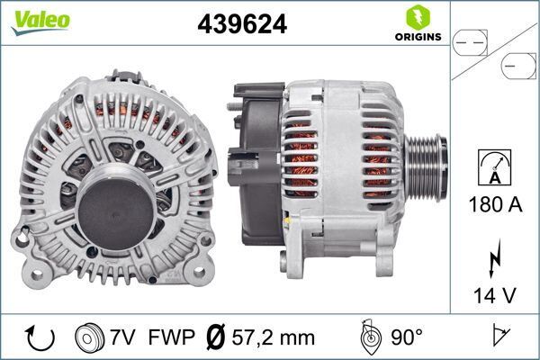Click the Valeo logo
[x=41, y=21]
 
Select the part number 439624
[x=241, y=24]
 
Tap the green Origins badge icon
[x=418, y=17]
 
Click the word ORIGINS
[x=418, y=37]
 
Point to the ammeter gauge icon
[x=494, y=166]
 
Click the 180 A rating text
[x=494, y=204]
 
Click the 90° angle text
[x=407, y=337]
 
